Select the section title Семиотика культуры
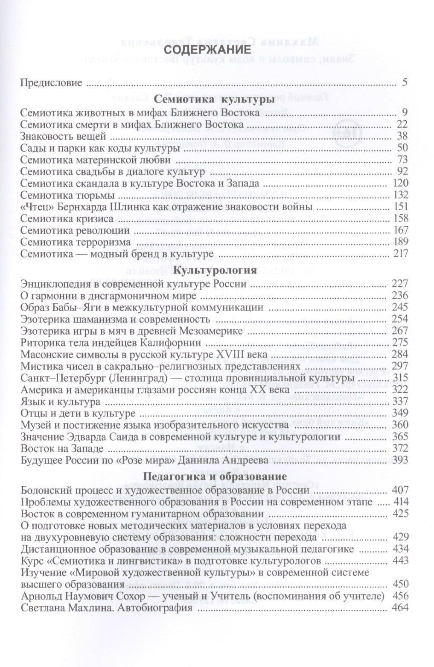click(213, 100)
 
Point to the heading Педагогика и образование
click(214, 476)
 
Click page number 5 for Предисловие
click(405, 82)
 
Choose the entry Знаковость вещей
click(63, 136)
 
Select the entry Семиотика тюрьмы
click(67, 195)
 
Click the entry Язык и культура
click(60, 402)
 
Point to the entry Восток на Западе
click(62, 449)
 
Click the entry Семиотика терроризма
click(76, 242)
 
